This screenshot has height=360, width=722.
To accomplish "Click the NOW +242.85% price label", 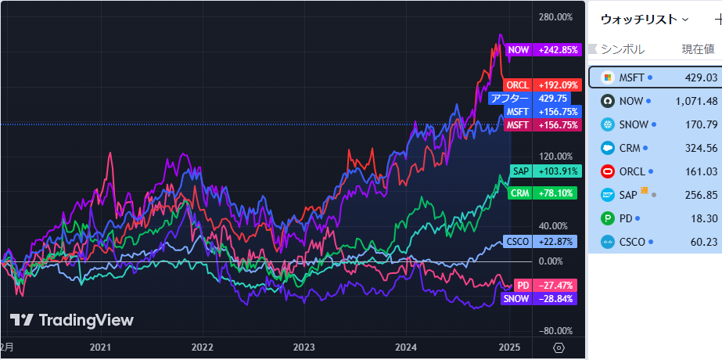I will [x=542, y=49].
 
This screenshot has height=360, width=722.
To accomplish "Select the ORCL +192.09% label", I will [x=542, y=85].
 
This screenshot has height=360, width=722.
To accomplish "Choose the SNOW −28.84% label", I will [x=541, y=299].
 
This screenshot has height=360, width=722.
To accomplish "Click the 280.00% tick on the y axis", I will [x=556, y=17].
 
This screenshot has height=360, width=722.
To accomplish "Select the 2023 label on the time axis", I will [x=304, y=347].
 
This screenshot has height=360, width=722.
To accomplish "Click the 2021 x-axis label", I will [x=100, y=347].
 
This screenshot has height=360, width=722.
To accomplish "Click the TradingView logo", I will [x=72, y=320].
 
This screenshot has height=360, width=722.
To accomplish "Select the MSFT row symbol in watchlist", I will [x=631, y=77].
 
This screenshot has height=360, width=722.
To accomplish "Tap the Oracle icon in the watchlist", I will [x=607, y=171].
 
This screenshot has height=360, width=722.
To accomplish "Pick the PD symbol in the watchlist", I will [x=627, y=218].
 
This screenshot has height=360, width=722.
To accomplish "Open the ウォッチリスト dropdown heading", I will [x=645, y=19].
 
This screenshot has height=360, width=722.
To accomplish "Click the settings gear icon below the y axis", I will [x=559, y=347].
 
